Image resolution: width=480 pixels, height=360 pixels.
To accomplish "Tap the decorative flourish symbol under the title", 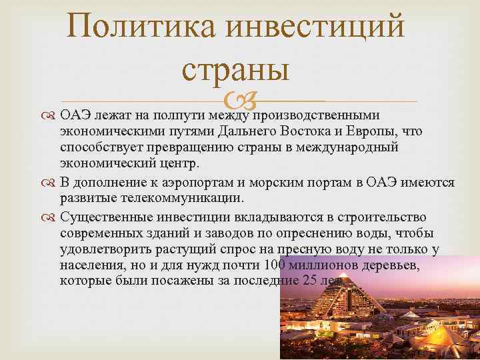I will pos(239,102).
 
